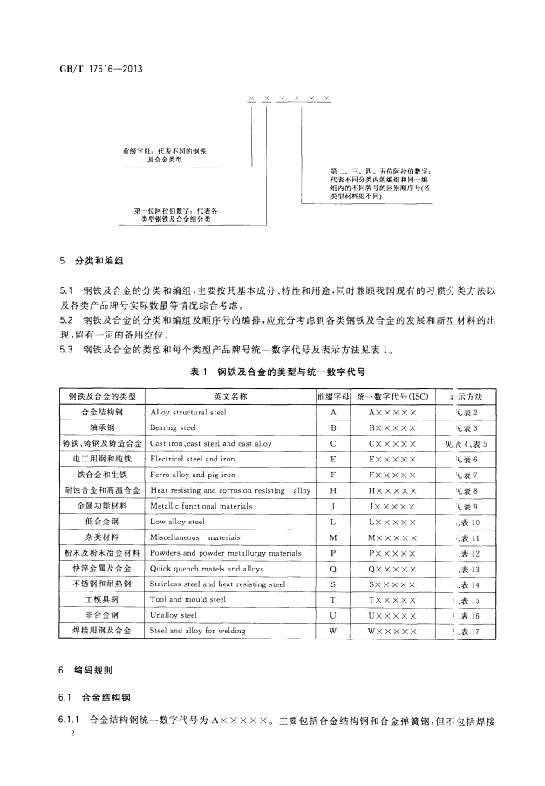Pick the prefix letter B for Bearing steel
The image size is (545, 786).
[x=332, y=427]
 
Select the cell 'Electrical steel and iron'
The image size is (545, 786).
[x=192, y=459]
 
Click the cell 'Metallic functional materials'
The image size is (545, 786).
[x=200, y=506]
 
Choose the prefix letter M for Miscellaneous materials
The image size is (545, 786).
[x=332, y=537]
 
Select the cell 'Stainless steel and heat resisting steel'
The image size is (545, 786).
[x=217, y=584]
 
